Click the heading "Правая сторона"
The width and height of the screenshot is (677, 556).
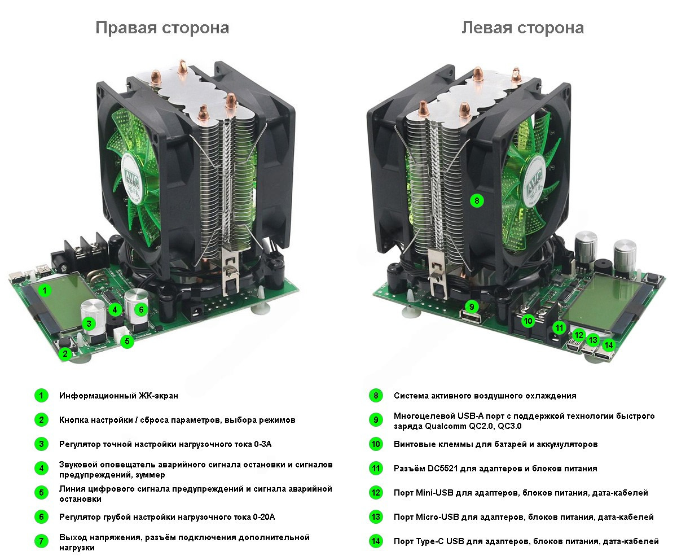click(162, 28)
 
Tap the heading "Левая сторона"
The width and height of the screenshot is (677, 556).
click(522, 28)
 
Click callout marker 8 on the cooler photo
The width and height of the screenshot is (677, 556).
click(477, 201)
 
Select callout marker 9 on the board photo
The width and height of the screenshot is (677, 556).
click(472, 307)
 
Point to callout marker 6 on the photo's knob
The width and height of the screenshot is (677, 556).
click(141, 310)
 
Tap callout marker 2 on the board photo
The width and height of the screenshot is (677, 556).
click(65, 354)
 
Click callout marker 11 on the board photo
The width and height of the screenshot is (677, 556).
click(559, 328)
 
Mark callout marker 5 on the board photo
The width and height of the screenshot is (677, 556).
click(127, 341)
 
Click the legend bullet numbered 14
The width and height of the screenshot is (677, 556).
click(376, 541)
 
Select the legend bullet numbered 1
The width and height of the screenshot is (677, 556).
click(41, 395)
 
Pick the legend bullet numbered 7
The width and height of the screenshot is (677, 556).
click(41, 541)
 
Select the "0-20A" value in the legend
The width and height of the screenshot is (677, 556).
click(264, 517)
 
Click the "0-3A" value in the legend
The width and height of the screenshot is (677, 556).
click(262, 444)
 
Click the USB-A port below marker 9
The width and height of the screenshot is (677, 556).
click(471, 318)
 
